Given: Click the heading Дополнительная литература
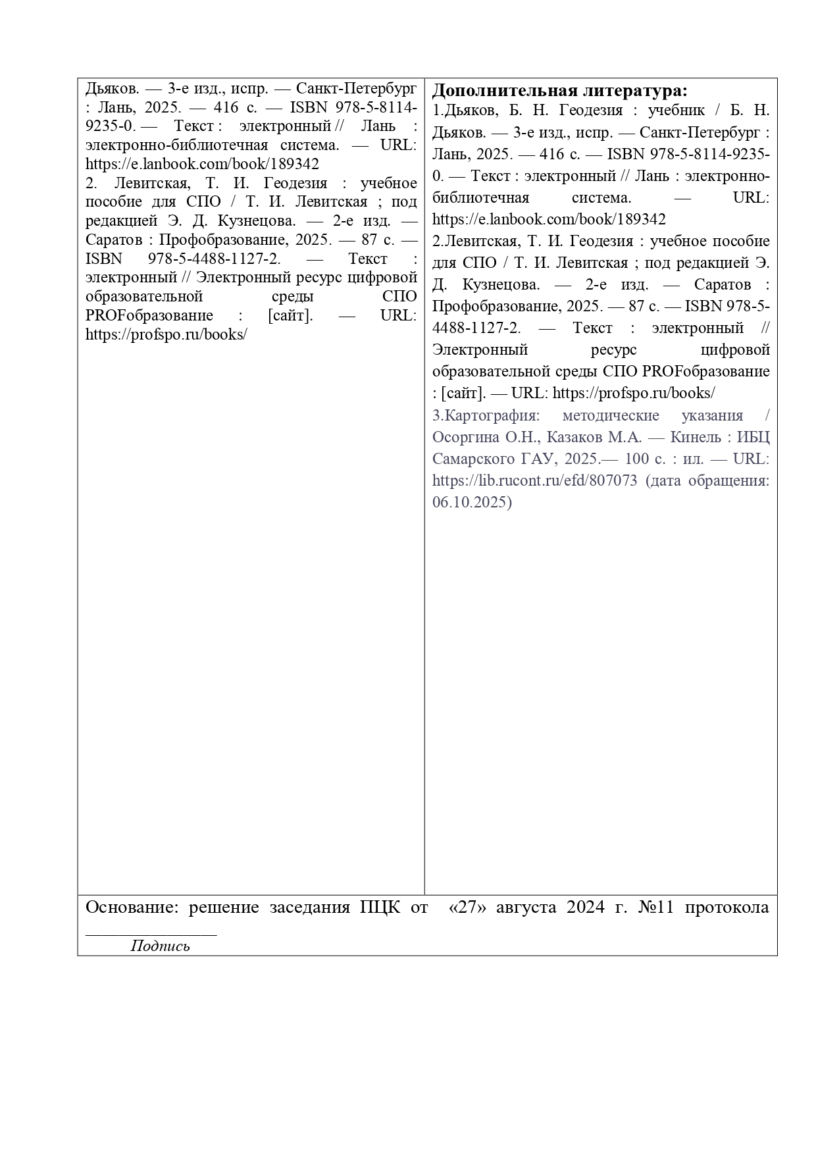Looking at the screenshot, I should (x=559, y=90).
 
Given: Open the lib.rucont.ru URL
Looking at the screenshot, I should (x=534, y=480).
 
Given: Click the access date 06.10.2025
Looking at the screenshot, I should (x=471, y=502).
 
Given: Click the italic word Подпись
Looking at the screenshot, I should (x=160, y=946).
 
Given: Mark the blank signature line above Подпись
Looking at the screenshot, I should (x=151, y=934).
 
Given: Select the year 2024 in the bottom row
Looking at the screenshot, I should (x=585, y=908).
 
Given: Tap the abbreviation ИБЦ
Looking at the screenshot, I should (x=753, y=438).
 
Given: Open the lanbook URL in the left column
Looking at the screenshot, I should (x=202, y=164).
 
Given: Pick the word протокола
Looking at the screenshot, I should (x=727, y=908).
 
